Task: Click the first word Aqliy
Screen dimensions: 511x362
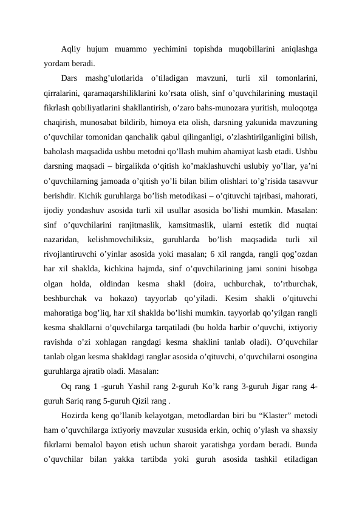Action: [73, 49]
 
